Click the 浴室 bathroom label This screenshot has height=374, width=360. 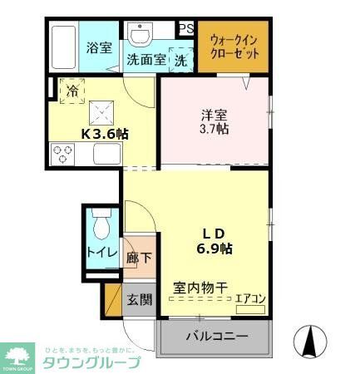click(x=99, y=47)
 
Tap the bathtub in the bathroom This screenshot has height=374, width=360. click(x=62, y=47)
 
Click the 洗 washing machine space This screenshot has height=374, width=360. click(x=180, y=59)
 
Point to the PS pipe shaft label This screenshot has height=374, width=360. click(x=186, y=28)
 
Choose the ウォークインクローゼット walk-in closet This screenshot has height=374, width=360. click(x=234, y=47)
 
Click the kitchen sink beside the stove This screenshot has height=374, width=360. click(x=106, y=154)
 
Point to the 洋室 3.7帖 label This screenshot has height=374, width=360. click(x=215, y=122)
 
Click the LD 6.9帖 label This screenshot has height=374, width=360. click(x=214, y=239)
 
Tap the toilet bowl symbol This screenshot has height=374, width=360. click(x=101, y=226)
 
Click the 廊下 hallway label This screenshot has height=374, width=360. click(x=140, y=257)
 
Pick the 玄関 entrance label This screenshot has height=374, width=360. click(x=139, y=300)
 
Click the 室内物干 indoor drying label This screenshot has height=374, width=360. click(x=200, y=288)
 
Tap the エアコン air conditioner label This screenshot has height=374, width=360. click(x=249, y=298)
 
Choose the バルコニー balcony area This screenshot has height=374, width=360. click(x=216, y=337)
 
